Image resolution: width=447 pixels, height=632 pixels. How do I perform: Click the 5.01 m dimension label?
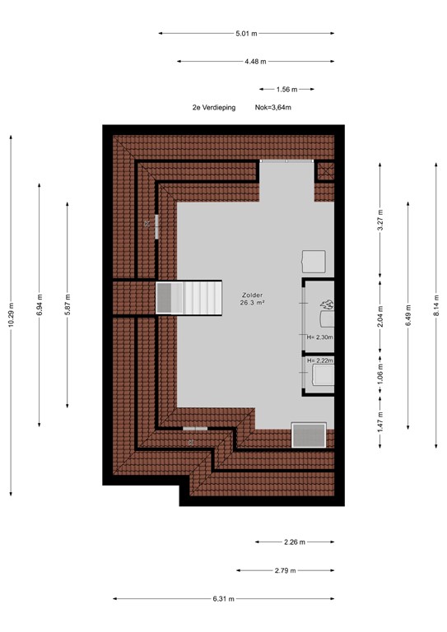tap(246, 34)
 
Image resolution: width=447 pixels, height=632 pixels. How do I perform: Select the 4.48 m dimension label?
tap(256, 62)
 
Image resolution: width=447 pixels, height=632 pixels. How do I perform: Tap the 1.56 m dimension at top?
tap(287, 89)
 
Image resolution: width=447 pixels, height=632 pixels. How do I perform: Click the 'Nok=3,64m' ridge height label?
tap(273, 108)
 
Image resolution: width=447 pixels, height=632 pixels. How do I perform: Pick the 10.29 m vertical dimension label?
tap(11, 314)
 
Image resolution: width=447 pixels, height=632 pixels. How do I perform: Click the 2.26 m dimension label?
tap(295, 542)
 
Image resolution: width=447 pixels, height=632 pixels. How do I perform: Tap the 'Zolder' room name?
tap(253, 295)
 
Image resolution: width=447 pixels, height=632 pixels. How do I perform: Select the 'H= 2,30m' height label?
tap(318, 337)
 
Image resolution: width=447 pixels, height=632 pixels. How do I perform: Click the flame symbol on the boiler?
tap(327, 304)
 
